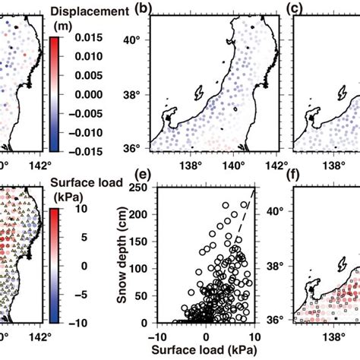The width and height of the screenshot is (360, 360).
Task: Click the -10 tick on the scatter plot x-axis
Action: coord(161,335)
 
